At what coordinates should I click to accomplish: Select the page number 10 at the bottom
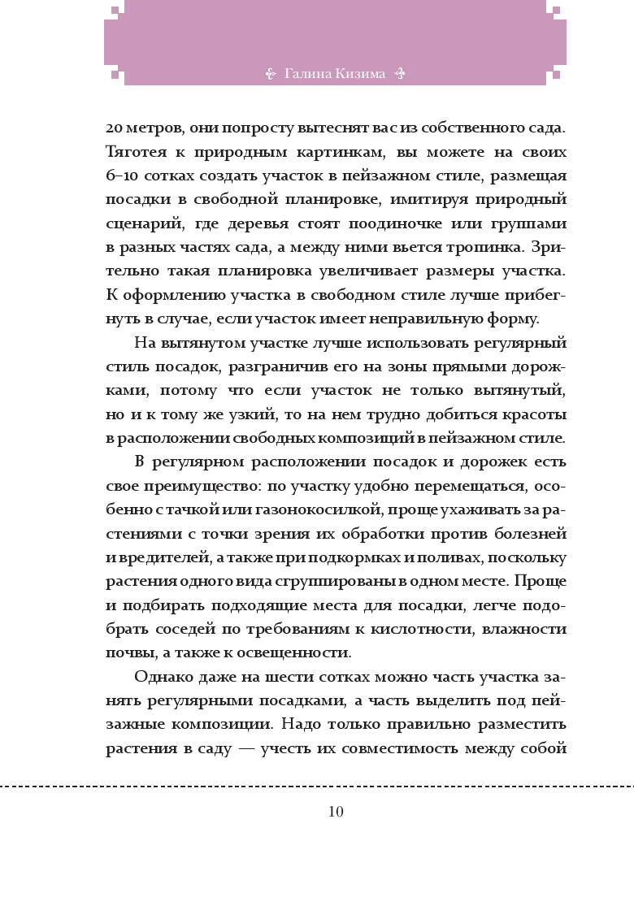click(336, 812)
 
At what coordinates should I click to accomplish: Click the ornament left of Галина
click(272, 74)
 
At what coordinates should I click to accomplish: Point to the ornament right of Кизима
click(399, 74)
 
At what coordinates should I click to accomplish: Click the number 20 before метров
click(114, 128)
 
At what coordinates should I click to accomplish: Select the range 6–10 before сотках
click(119, 176)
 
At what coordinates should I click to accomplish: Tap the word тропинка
click(479, 246)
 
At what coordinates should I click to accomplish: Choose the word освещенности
click(302, 652)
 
